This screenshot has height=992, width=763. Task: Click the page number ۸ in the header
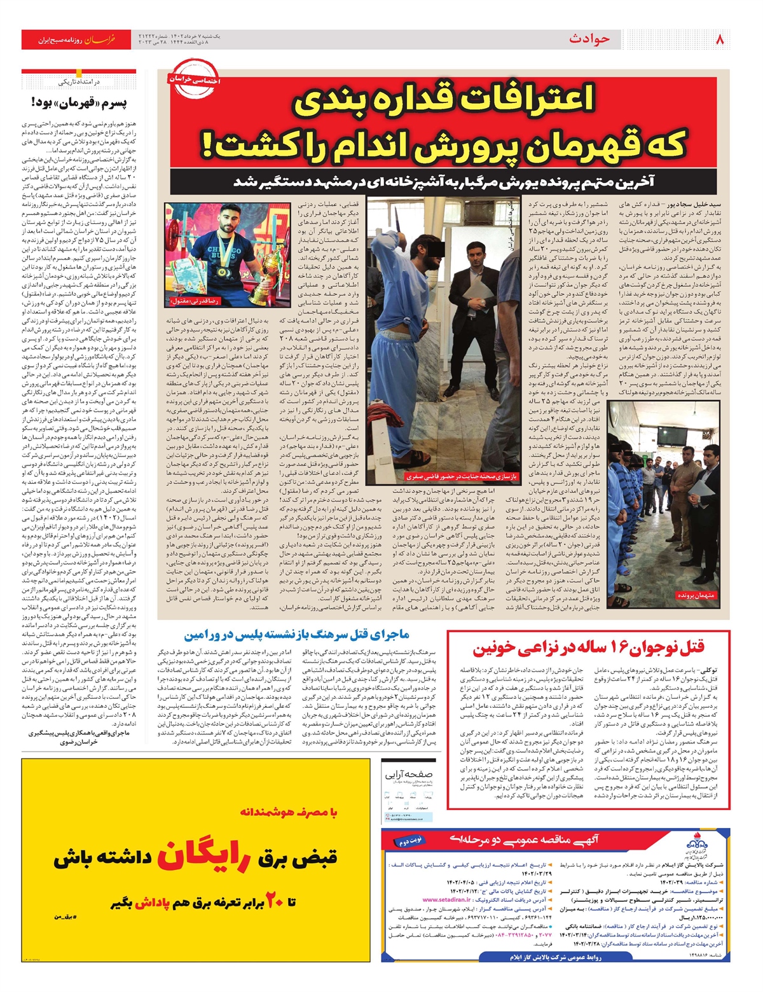[x=720, y=39]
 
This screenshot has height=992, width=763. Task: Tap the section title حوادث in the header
[x=589, y=39]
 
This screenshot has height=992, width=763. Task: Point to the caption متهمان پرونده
[x=697, y=596]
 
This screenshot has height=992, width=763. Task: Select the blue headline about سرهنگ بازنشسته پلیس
[x=297, y=635]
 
